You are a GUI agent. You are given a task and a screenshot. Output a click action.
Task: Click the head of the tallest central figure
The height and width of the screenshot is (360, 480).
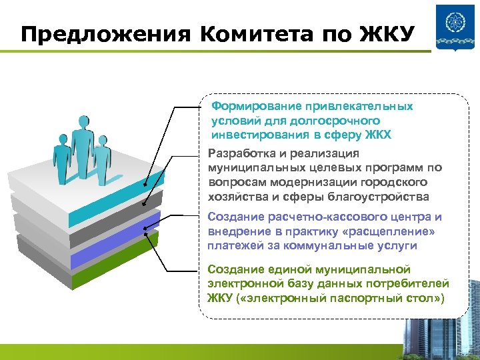pyautogui.click(x=82, y=122)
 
